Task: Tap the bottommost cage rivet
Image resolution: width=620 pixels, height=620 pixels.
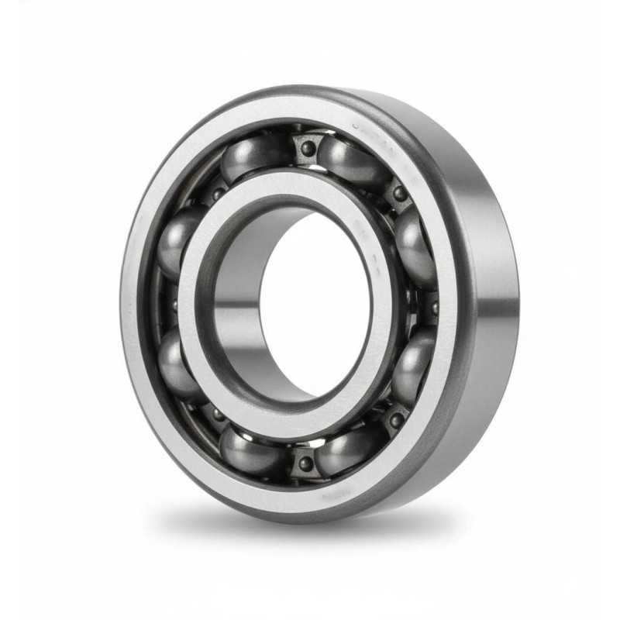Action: point(306,463)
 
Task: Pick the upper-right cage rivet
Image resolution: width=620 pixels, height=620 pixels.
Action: point(399,193)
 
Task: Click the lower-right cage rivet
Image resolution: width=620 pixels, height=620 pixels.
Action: point(396,419)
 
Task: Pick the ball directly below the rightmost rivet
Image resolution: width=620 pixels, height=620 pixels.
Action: point(413,364)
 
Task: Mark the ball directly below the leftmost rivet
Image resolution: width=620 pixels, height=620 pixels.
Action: point(177,361)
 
